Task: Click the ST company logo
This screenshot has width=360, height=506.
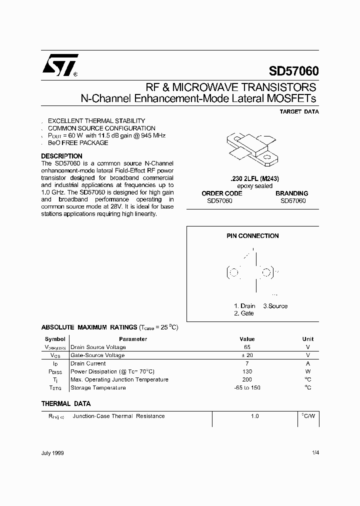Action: (x=59, y=65)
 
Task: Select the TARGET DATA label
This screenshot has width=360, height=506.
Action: (x=299, y=112)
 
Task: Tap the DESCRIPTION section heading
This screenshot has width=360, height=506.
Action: (x=61, y=156)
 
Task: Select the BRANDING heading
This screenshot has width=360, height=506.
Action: (x=292, y=193)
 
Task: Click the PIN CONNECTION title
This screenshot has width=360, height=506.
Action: (x=252, y=236)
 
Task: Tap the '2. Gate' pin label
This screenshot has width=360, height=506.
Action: (x=243, y=313)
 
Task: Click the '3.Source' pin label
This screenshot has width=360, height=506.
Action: (x=275, y=306)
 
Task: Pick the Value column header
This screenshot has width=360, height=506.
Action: (x=247, y=339)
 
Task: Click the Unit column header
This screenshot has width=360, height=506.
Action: (x=308, y=339)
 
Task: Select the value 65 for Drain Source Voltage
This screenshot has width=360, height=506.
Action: (x=247, y=347)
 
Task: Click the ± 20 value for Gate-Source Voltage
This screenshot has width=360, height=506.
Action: (x=247, y=355)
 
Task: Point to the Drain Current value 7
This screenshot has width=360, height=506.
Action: (x=247, y=363)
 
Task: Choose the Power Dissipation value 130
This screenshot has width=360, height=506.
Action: (x=247, y=371)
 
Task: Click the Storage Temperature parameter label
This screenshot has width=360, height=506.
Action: (x=98, y=387)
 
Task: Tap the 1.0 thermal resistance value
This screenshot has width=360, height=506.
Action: (x=255, y=416)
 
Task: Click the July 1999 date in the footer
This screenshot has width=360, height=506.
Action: (x=52, y=453)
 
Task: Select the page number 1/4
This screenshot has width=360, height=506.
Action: (x=314, y=453)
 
